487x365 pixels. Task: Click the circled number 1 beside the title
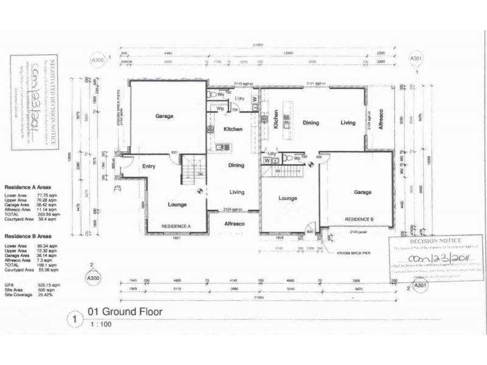(x=74, y=318)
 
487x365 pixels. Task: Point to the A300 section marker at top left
(x=97, y=60)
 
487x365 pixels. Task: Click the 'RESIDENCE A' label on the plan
(x=176, y=226)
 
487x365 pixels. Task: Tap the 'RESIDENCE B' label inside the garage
(x=359, y=218)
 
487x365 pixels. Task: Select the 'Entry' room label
(x=149, y=165)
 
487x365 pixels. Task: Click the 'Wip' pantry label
(x=220, y=108)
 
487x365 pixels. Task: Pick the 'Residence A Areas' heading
(x=28, y=187)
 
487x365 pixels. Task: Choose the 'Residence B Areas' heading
(x=28, y=235)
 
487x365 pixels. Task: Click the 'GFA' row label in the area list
(x=9, y=283)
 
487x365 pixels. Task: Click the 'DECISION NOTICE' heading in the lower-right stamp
(x=436, y=242)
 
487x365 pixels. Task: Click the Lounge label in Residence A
(x=177, y=204)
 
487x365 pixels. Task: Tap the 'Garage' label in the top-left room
(x=164, y=116)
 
